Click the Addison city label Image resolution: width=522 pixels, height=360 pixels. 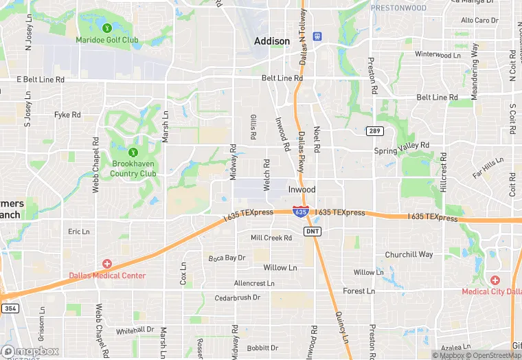(272, 41)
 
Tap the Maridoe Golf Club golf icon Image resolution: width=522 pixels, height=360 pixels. (107, 28)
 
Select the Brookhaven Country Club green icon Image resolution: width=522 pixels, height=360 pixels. (133, 152)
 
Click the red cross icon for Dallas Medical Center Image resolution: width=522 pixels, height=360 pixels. (107, 264)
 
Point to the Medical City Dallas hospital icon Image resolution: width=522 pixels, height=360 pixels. (495, 280)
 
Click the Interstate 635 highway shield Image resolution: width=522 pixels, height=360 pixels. (300, 212)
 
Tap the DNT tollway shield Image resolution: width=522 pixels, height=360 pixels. (313, 231)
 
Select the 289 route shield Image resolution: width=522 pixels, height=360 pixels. (373, 131)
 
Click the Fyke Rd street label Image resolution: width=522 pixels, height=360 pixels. (68, 115)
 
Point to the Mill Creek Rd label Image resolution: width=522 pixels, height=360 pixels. (271, 238)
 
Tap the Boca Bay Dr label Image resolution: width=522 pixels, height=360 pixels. (227, 258)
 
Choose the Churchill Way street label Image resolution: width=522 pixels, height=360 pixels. (409, 254)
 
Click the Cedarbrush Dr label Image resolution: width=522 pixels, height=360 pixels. (238, 297)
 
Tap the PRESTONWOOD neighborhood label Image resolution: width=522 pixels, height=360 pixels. (398, 8)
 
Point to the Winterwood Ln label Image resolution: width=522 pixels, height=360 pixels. (438, 54)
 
